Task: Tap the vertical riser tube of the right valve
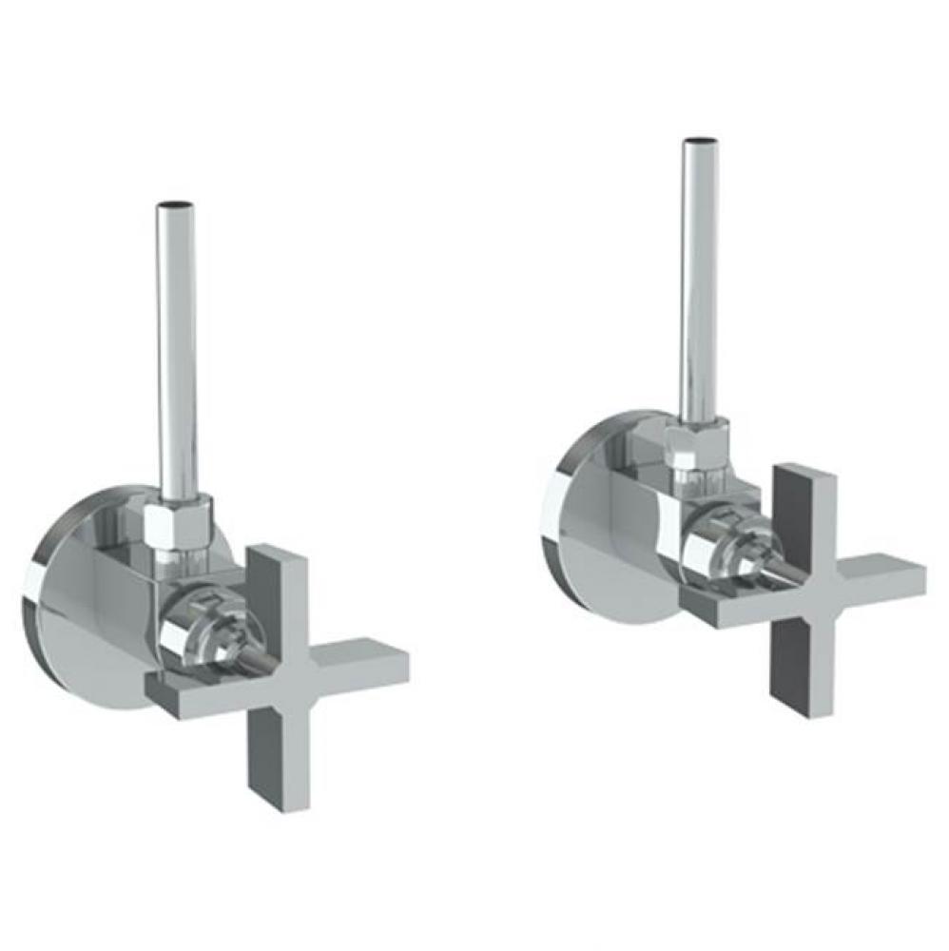(x=699, y=285)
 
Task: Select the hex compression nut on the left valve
(x=177, y=524)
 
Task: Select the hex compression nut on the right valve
(x=697, y=445)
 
